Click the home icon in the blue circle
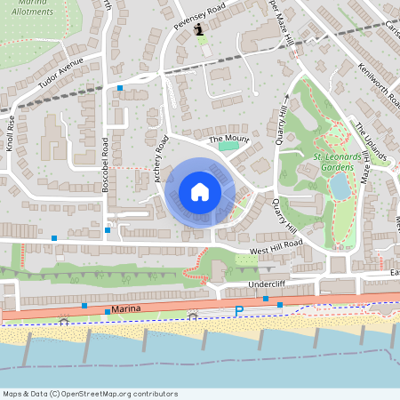[200, 191]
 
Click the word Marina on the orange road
[128, 308]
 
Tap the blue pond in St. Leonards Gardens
[339, 186]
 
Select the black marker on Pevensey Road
[199, 29]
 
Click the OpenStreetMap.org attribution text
[116, 394]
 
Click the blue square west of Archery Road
[120, 88]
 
